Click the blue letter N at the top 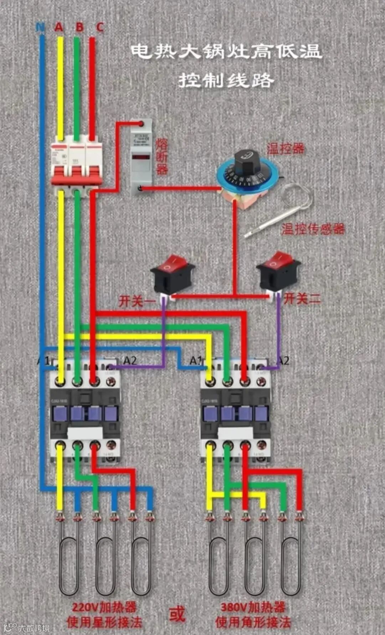pyautogui.click(x=40, y=27)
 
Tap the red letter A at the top pyautogui.click(x=59, y=27)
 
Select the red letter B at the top pyautogui.click(x=79, y=27)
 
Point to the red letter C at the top pyautogui.click(x=100, y=27)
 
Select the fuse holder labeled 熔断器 pyautogui.click(x=140, y=157)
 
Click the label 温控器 pyautogui.click(x=286, y=148)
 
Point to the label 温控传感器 pyautogui.click(x=313, y=229)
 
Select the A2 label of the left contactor pyautogui.click(x=130, y=361)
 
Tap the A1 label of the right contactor pyautogui.click(x=196, y=361)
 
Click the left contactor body pyautogui.click(x=85, y=414)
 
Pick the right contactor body pyautogui.click(x=235, y=414)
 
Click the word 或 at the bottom pyautogui.click(x=177, y=614)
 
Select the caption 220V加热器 pyautogui.click(x=104, y=607)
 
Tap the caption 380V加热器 pyautogui.click(x=253, y=607)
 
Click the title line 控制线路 pyautogui.click(x=226, y=81)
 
